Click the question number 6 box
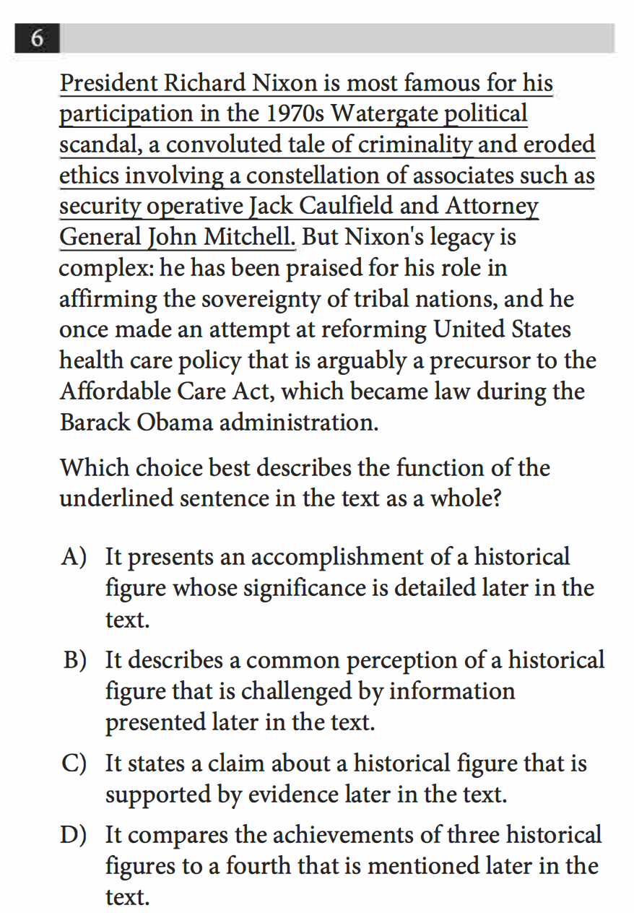36,38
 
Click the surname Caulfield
345,207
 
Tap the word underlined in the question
112,499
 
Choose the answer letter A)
74,557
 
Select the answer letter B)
74,660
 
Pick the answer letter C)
74,763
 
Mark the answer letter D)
74,836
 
